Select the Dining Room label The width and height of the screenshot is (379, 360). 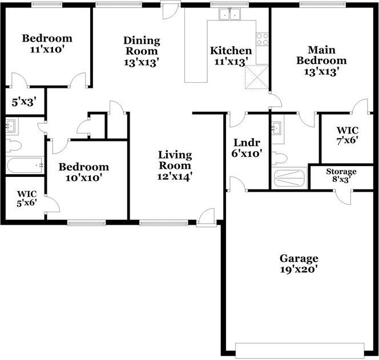tap(141, 51)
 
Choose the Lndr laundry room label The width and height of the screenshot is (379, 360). tap(247, 148)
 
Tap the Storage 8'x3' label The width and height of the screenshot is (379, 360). tap(341, 175)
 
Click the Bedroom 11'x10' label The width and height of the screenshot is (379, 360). tap(47, 44)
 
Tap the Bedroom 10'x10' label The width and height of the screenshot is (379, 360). tap(84, 172)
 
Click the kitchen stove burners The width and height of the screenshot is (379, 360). tap(262, 39)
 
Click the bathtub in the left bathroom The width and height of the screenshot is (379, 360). tap(25, 165)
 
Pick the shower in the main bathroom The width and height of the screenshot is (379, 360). tap(290, 179)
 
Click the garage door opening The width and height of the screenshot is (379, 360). tap(300, 350)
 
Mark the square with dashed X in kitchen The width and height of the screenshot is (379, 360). tap(256, 77)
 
